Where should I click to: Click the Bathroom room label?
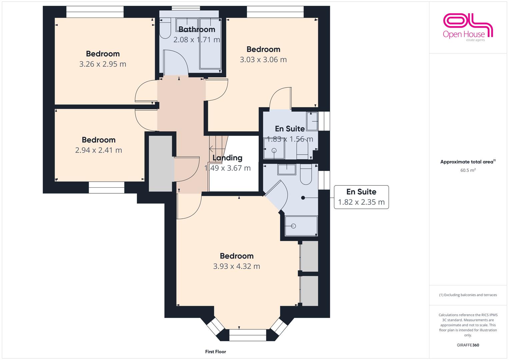point(197,29)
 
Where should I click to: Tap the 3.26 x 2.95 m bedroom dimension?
point(103,64)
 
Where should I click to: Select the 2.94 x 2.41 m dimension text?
point(99,150)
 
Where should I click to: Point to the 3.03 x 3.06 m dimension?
point(263,60)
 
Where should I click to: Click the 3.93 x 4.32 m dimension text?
point(237,266)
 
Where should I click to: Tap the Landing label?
point(227,158)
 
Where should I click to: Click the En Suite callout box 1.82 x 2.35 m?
point(361,197)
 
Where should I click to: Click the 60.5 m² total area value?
point(468,170)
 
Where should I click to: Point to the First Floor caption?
point(215,352)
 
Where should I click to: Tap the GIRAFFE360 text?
point(468,345)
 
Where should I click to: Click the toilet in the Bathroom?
point(165,28)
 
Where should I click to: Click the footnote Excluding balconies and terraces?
point(468,295)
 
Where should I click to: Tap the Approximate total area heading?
point(468,162)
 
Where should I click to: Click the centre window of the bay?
point(248,335)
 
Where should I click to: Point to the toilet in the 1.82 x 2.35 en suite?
point(306,174)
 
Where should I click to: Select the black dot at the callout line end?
point(303,198)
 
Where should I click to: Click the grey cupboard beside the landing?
point(160,164)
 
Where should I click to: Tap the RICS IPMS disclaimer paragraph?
point(468,325)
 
